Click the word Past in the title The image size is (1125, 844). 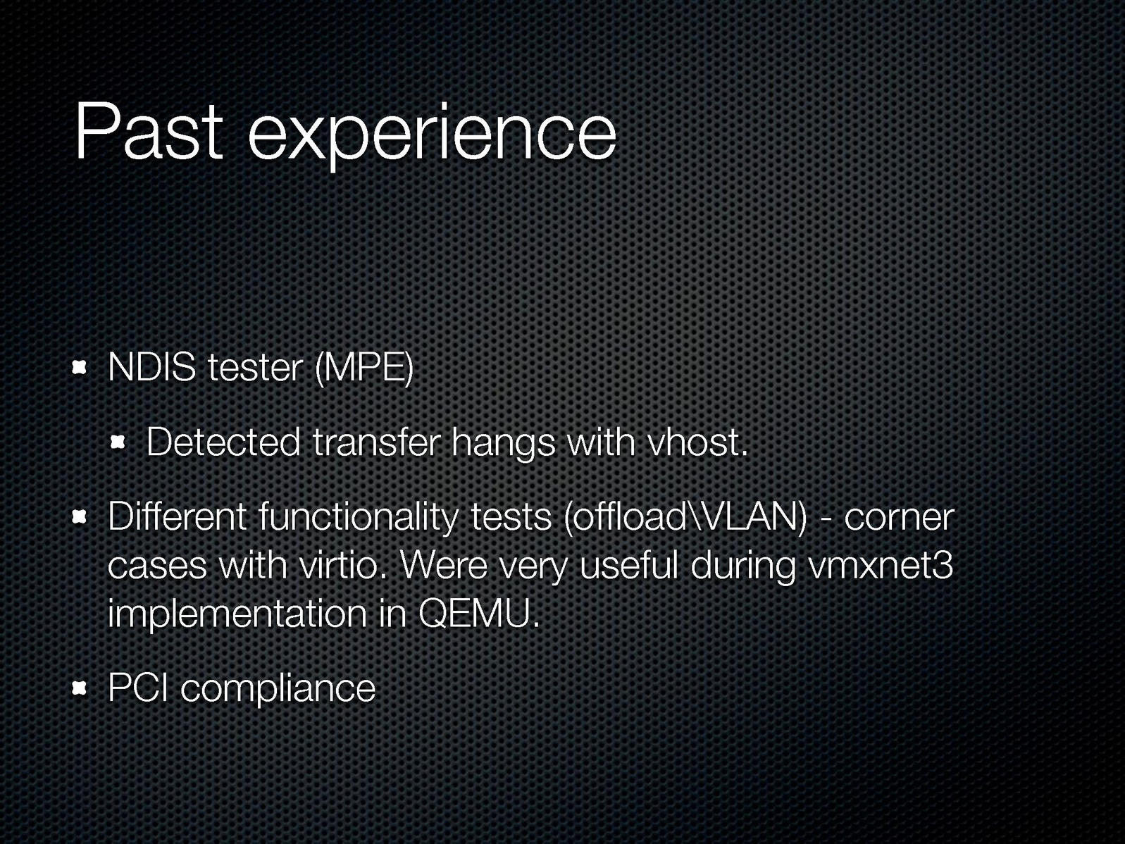(x=149, y=132)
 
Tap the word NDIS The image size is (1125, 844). (x=151, y=368)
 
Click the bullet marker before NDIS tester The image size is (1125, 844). (x=79, y=368)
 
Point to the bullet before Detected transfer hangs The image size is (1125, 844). (x=118, y=442)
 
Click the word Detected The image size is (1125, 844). (x=223, y=442)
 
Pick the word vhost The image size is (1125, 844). (x=697, y=442)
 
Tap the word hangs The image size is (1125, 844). (x=503, y=445)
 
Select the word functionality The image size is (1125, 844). (x=359, y=519)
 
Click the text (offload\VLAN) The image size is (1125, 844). (x=685, y=518)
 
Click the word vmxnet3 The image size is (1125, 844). (x=880, y=566)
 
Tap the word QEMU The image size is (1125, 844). (x=479, y=614)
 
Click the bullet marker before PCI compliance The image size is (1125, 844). (x=79, y=689)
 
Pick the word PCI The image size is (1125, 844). (x=138, y=687)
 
